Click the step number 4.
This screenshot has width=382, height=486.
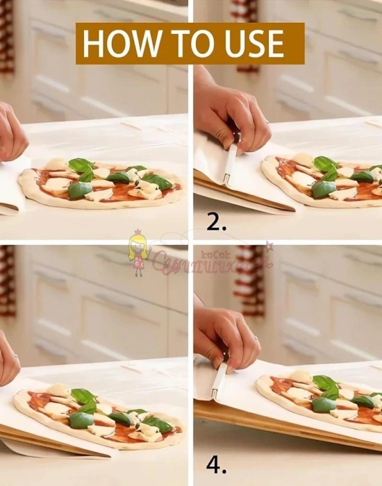point(217,464)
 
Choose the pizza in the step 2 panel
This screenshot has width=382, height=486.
point(323,181)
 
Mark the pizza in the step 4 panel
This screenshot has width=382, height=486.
point(319,399)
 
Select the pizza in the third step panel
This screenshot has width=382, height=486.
point(101,417)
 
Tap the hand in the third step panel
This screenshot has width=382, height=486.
point(8,358)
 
